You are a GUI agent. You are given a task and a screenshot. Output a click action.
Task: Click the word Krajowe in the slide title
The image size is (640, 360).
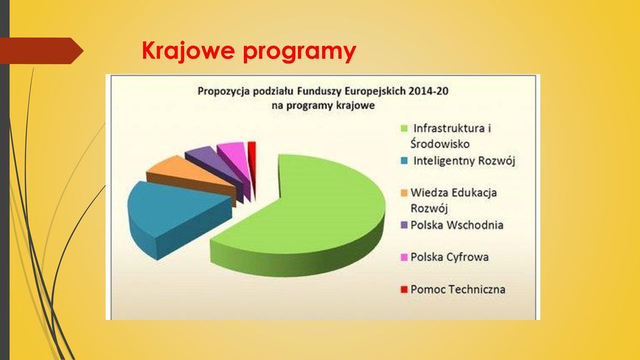point(188,51)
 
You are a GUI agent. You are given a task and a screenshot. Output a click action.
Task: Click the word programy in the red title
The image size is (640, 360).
point(299,53)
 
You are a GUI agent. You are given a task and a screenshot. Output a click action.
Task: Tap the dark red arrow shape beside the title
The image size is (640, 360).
point(41,51)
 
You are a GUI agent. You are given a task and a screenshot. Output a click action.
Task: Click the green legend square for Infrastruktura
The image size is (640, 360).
point(404,129)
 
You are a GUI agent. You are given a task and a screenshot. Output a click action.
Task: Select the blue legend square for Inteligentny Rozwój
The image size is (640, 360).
point(404,161)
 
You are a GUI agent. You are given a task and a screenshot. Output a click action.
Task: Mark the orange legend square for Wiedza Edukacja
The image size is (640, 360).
point(404,193)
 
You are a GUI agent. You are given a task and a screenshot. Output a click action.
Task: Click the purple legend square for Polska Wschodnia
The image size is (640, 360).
point(404,225)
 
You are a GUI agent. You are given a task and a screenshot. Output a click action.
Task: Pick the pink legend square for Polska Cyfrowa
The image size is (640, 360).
point(404,257)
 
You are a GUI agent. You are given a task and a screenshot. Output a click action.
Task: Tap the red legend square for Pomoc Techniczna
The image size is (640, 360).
point(404,289)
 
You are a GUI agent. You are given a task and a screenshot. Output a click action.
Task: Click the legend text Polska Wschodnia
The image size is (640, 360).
point(457,225)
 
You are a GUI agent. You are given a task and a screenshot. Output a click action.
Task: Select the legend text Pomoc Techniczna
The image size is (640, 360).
point(458,289)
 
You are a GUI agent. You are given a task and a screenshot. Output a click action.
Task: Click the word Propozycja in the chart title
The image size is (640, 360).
point(224,91)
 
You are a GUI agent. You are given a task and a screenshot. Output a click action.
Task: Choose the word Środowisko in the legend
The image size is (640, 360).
point(440,144)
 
